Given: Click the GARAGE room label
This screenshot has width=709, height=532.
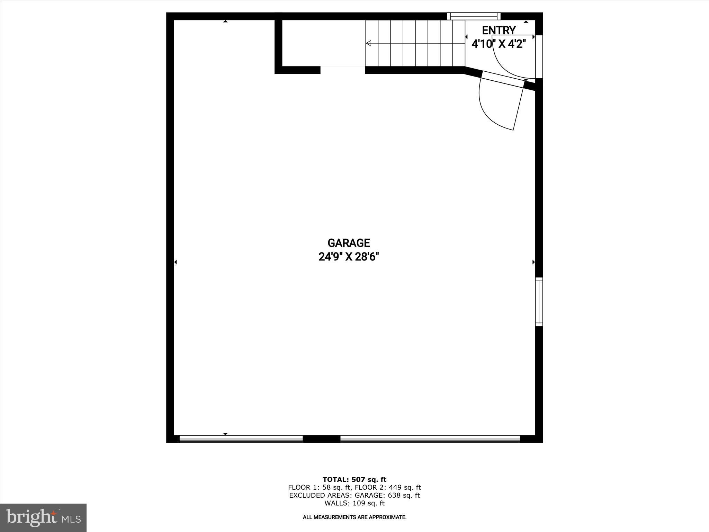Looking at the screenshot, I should tap(349, 243).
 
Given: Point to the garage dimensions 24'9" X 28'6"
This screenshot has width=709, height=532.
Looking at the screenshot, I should tap(349, 257).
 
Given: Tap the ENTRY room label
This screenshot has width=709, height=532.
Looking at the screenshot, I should tap(499, 30).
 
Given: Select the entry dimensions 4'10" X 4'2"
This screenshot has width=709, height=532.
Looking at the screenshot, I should tap(499, 44).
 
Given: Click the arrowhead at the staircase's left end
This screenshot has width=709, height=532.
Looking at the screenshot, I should tap(369, 43).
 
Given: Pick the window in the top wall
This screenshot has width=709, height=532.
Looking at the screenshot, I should tap(474, 16).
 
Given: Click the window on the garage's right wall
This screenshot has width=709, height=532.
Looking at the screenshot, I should tap(539, 302).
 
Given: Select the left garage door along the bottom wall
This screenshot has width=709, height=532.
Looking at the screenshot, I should tap(241, 439).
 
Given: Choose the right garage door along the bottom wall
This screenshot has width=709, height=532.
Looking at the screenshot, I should tap(430, 439).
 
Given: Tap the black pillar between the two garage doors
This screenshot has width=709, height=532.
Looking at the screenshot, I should tap(321, 439).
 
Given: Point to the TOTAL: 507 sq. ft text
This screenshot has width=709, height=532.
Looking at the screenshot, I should tap(354, 480).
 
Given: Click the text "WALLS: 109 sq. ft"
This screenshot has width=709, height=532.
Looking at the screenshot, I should tap(354, 503).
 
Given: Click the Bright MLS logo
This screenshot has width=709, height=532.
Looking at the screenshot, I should tap(43, 517).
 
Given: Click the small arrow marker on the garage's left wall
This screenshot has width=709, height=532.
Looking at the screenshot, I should tap(176, 262).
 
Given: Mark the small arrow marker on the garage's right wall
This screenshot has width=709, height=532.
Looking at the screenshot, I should tap(533, 262).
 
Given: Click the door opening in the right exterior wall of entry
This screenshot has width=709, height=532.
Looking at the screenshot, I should tap(539, 57).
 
